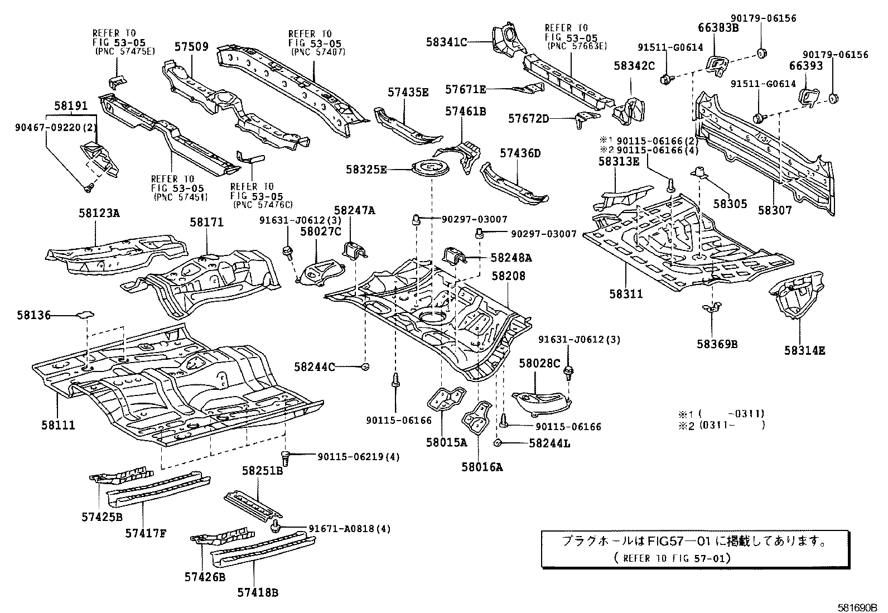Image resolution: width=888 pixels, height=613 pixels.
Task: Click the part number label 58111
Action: (57, 426)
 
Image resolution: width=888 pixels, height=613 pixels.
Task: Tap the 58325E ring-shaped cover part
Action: (428, 167)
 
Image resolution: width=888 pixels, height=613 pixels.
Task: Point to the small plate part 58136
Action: (85, 315)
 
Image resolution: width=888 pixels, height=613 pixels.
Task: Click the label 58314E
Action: (804, 350)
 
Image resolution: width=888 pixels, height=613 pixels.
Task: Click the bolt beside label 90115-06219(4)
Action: (286, 457)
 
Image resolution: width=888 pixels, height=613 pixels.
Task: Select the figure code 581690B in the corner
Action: (856, 607)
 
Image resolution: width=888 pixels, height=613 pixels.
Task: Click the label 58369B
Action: (717, 344)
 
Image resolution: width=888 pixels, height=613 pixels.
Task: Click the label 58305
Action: (730, 204)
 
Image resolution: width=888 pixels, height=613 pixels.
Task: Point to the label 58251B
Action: (262, 471)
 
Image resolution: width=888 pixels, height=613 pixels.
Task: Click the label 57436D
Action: (520, 153)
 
